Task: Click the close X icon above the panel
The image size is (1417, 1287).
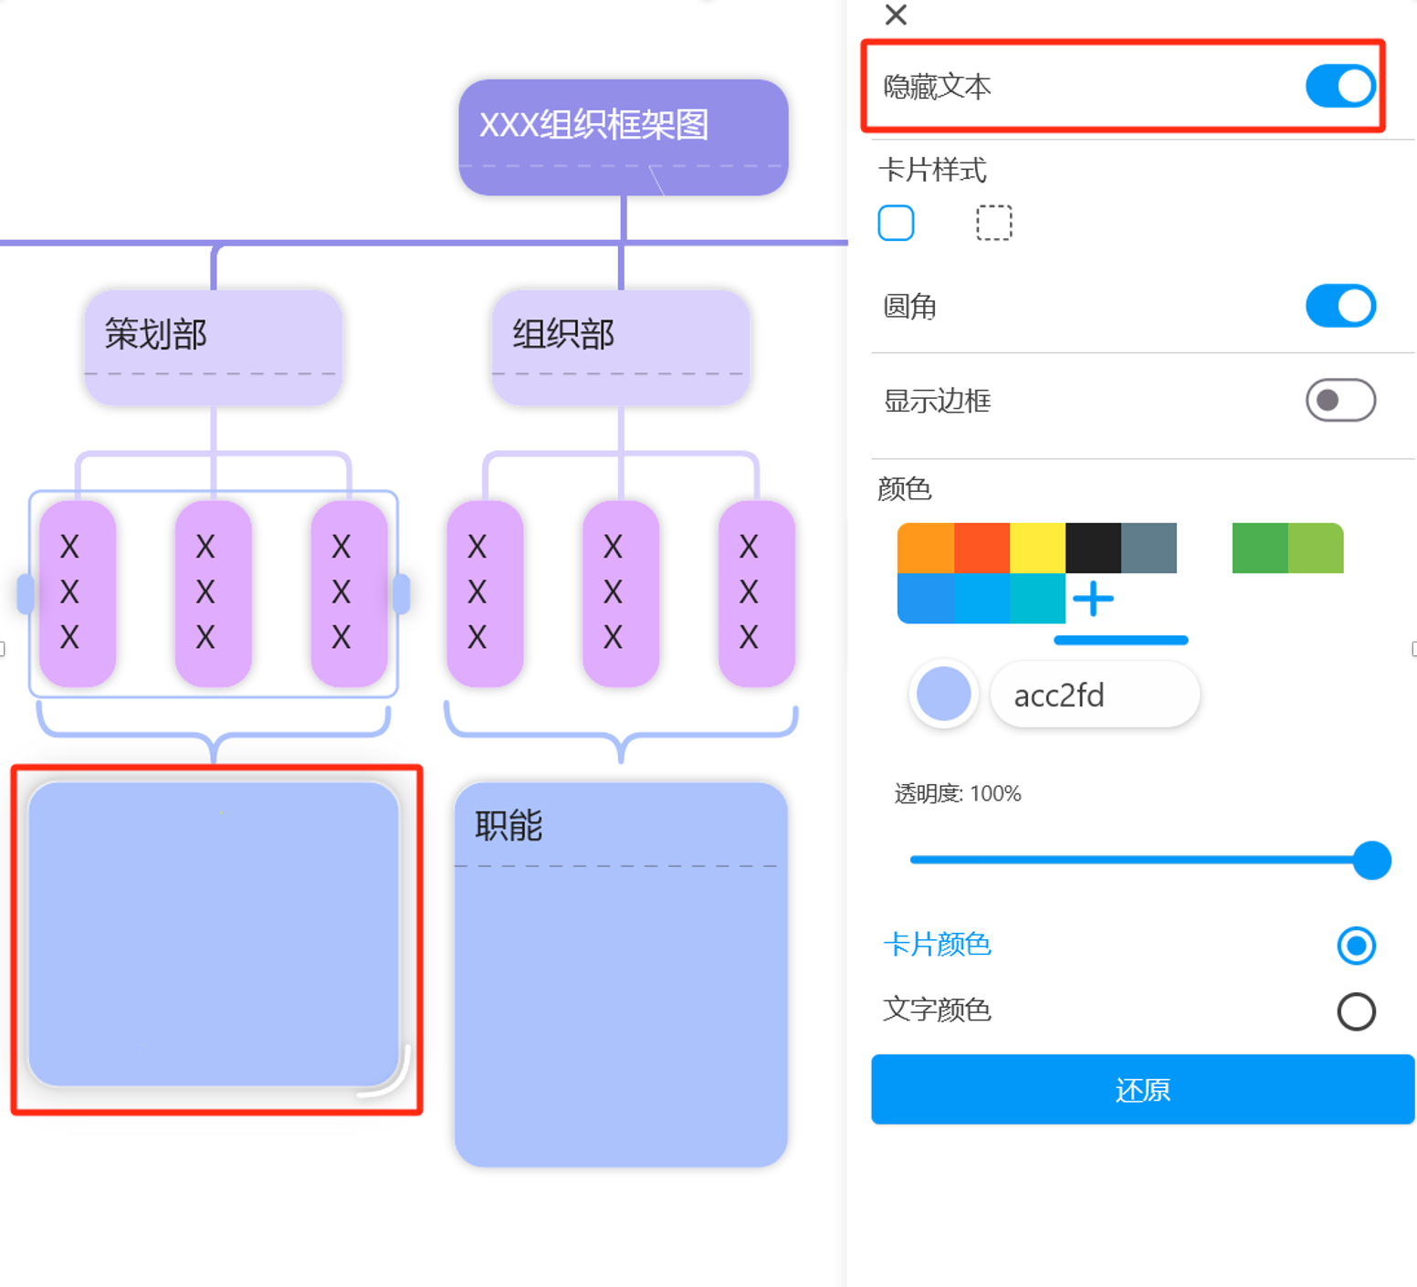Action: tap(896, 15)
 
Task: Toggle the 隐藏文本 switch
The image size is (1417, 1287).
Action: tap(1339, 87)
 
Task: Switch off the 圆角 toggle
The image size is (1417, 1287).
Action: tap(1339, 306)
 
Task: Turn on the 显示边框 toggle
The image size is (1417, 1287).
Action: tap(1339, 400)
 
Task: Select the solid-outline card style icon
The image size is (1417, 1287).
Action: tap(896, 223)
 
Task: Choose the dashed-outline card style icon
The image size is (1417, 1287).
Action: tap(993, 223)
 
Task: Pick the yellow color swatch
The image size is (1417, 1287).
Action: tap(1037, 548)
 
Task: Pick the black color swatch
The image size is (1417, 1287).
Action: tap(1093, 548)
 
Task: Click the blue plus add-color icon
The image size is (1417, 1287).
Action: tap(1093, 599)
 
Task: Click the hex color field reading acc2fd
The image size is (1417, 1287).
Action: tap(1094, 696)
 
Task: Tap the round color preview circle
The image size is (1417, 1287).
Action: tap(943, 695)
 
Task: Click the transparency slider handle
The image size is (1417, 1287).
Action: tap(1371, 860)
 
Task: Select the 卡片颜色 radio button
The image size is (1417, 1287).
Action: tap(1356, 945)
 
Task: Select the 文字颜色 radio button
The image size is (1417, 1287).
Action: tap(1356, 1011)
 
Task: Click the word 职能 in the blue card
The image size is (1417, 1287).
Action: tap(509, 826)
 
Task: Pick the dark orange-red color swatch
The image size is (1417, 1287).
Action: tap(981, 548)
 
